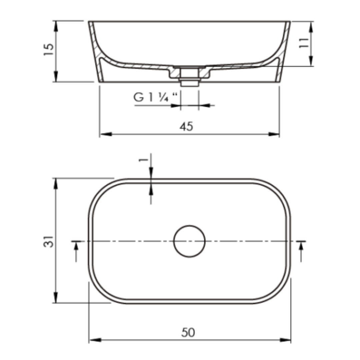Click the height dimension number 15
(x=49, y=50)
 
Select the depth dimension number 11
(x=303, y=43)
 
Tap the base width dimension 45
(x=186, y=127)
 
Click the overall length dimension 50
(x=188, y=332)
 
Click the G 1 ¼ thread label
(x=155, y=98)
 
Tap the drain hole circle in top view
(x=190, y=241)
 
